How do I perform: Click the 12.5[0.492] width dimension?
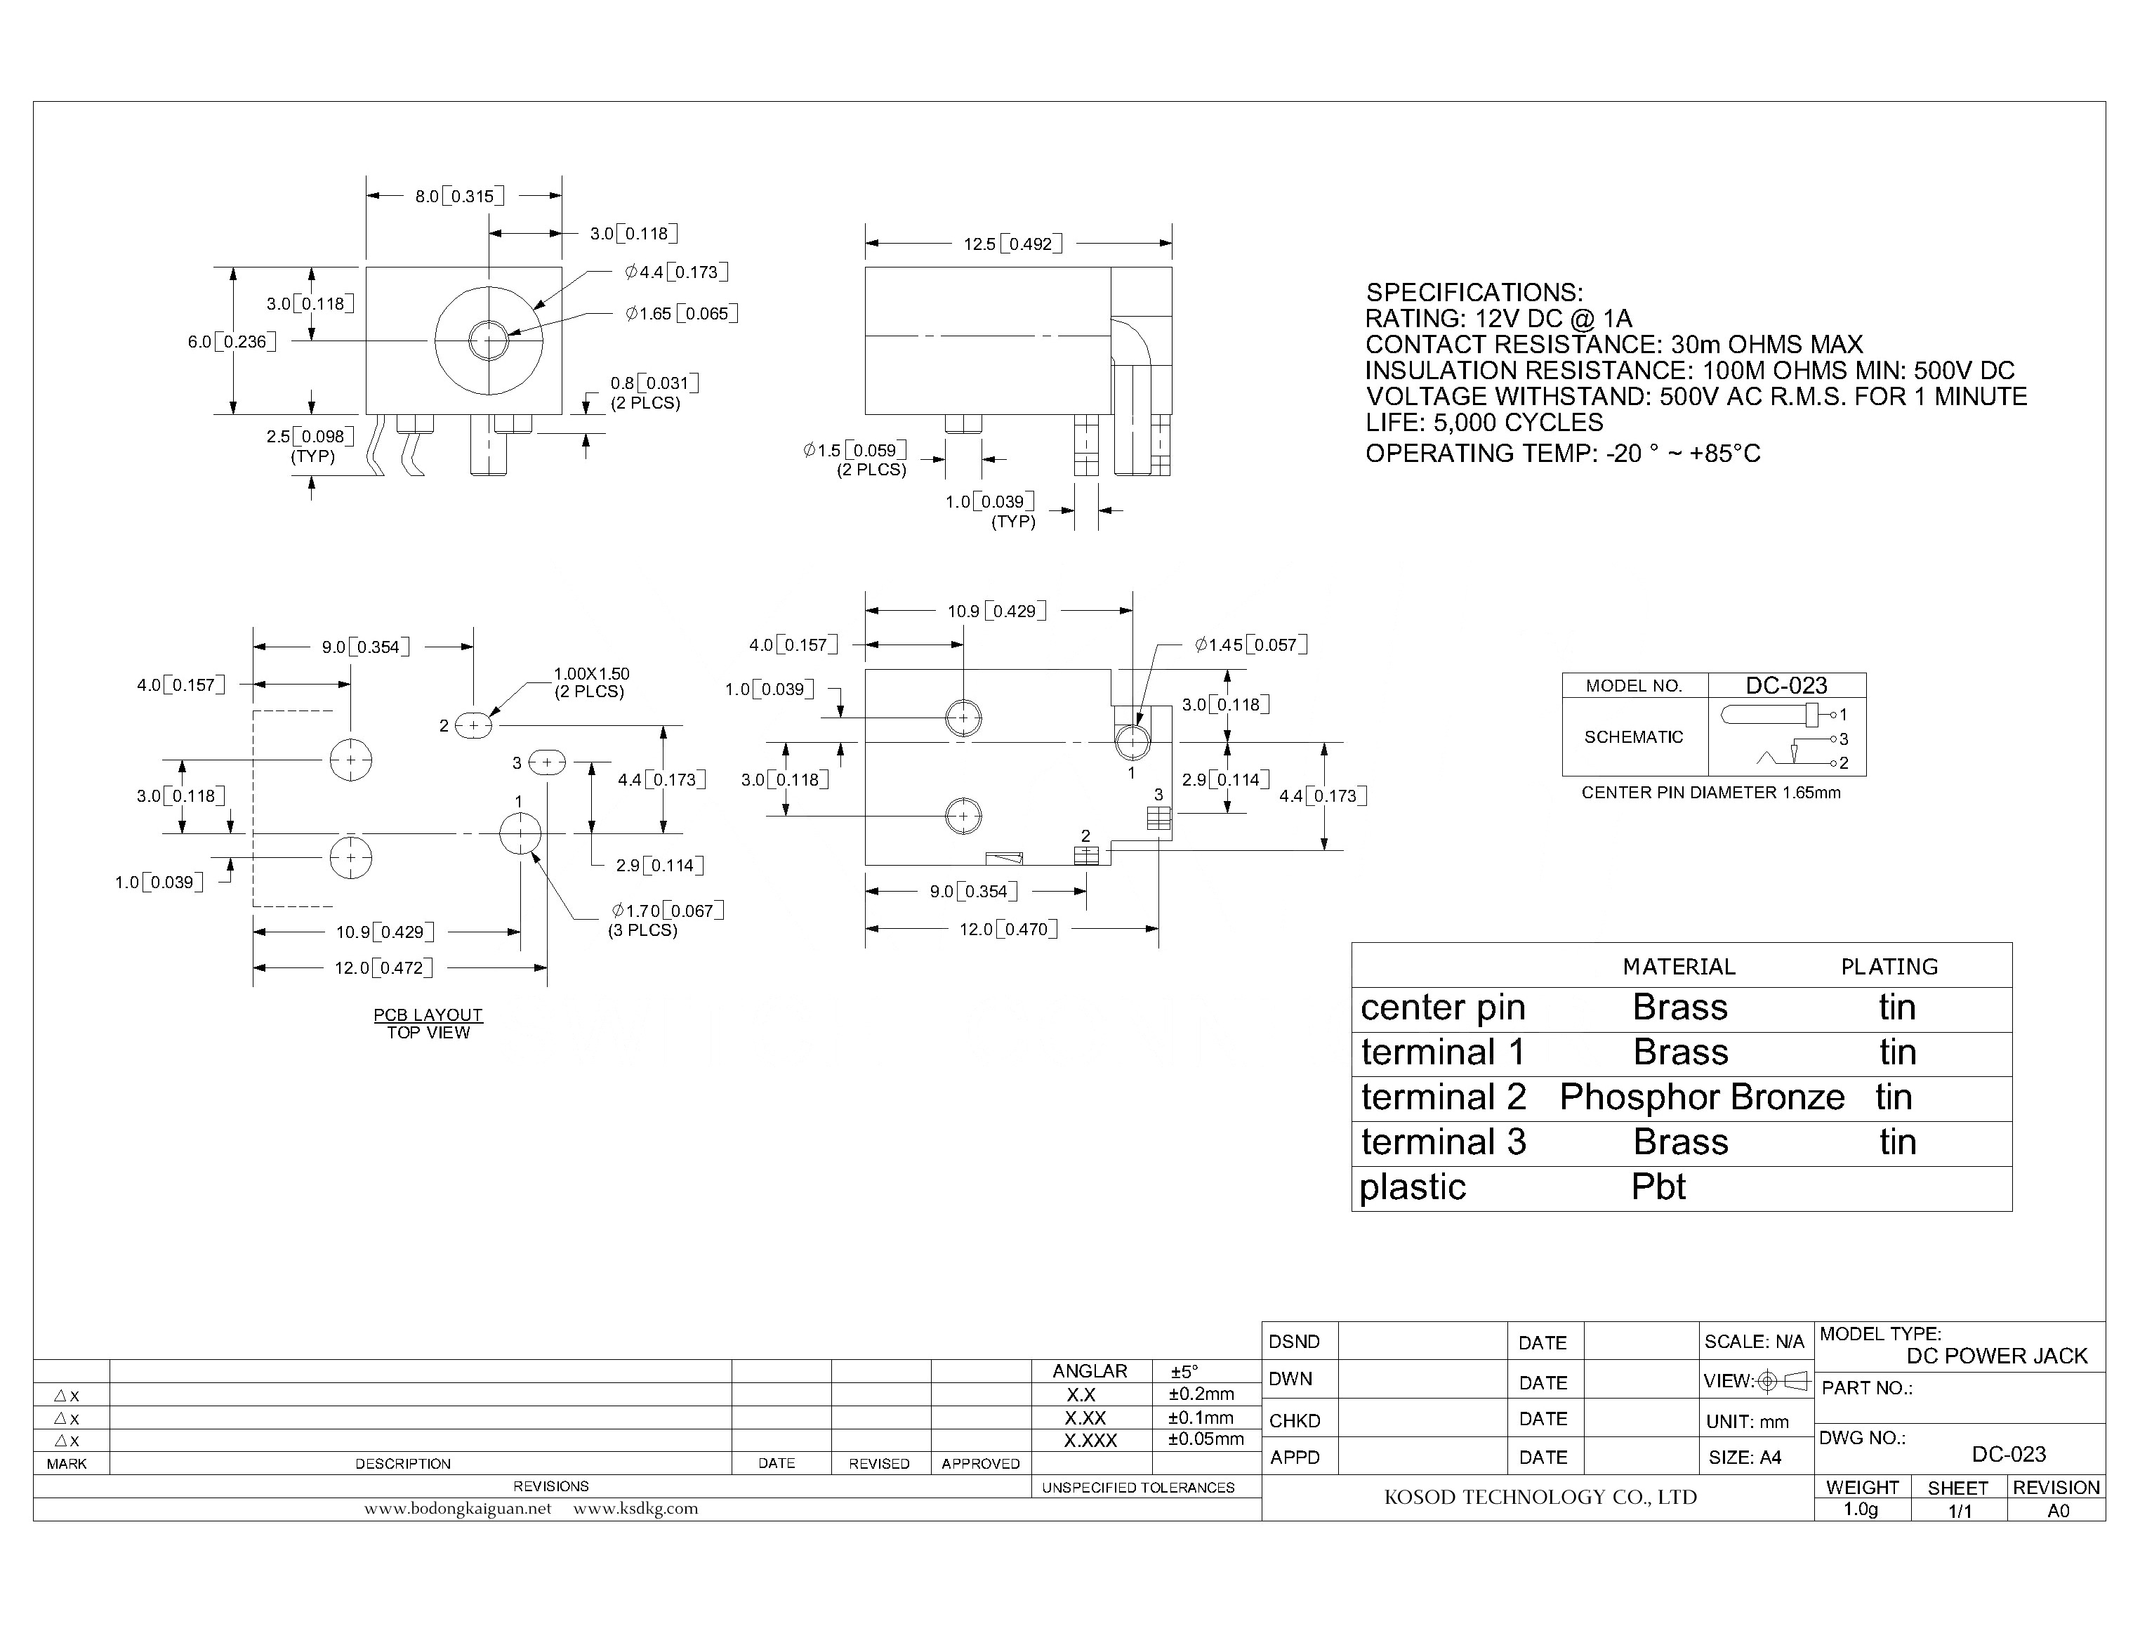tap(1012, 244)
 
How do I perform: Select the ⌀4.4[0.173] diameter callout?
tap(675, 272)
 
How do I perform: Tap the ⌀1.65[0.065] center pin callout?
tap(682, 314)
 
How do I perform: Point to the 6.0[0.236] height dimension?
tap(231, 342)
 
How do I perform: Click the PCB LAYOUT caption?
tap(428, 1014)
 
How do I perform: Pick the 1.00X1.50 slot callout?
tap(590, 673)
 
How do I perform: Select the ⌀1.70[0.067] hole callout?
tap(667, 911)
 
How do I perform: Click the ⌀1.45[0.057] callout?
tap(1250, 645)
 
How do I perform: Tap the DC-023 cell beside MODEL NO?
tap(1785, 685)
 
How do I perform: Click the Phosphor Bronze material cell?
tap(1702, 1097)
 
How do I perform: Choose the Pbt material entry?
tap(1658, 1187)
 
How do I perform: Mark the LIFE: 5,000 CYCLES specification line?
tap(1484, 423)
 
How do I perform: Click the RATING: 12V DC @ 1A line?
tap(1498, 319)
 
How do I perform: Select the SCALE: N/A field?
tap(1754, 1342)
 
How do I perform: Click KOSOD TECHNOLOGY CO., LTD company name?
tap(1540, 1498)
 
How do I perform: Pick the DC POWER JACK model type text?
tap(1997, 1356)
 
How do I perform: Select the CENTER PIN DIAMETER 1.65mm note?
tap(1710, 793)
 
